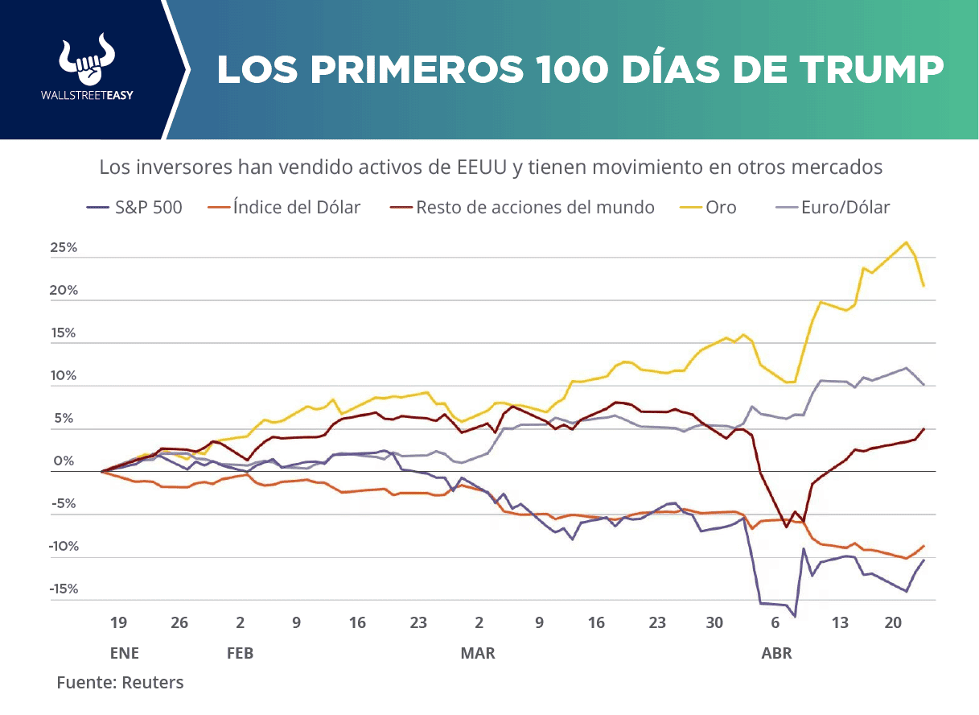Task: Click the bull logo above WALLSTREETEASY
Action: point(87,58)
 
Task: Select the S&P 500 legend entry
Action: point(134,208)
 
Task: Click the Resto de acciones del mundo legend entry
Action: point(522,208)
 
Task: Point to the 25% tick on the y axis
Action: point(64,248)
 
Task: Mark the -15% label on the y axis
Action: point(64,589)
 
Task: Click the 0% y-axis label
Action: point(64,461)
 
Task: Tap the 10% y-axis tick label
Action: point(64,376)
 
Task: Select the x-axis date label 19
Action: point(118,622)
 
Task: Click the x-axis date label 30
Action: point(714,622)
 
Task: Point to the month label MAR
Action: point(478,653)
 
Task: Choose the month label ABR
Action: point(776,653)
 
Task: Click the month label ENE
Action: point(125,653)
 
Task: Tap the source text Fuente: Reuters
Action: point(120,683)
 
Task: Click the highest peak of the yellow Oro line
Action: point(907,242)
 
